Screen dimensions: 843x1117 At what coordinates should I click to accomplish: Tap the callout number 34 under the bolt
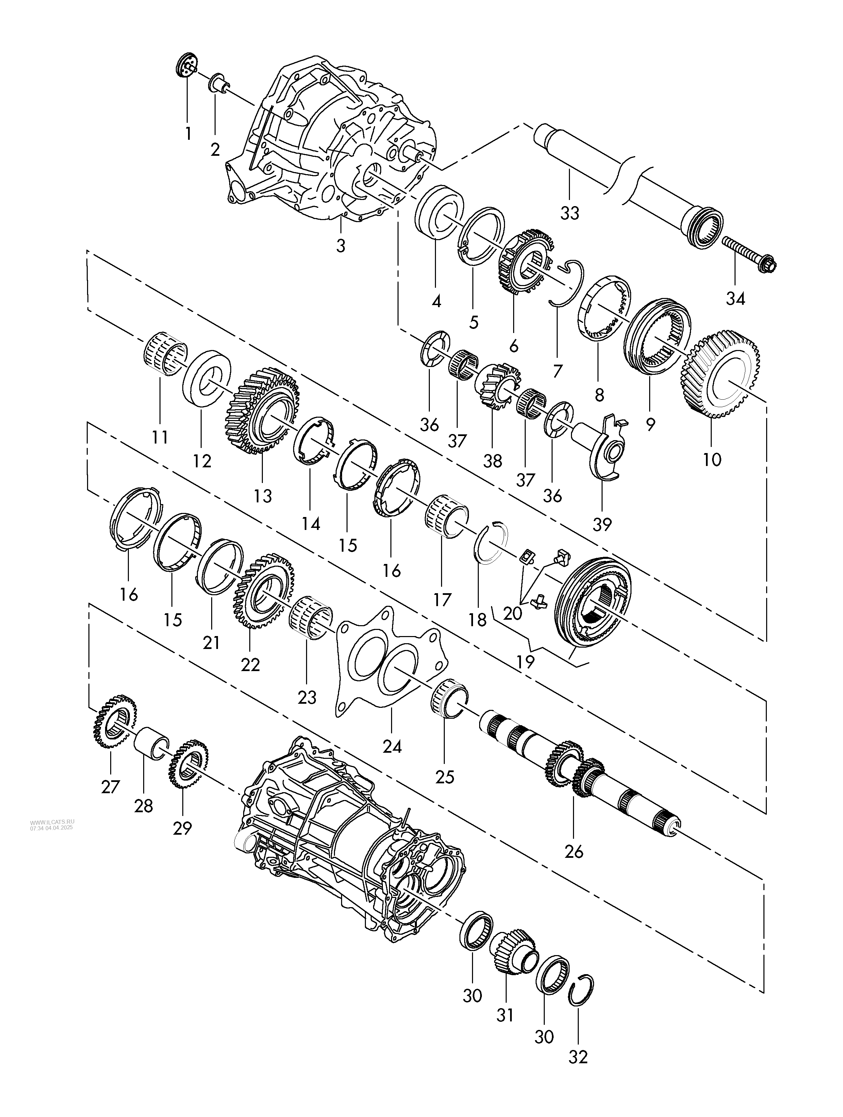[735, 299]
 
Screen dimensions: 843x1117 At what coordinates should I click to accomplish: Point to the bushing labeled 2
[219, 82]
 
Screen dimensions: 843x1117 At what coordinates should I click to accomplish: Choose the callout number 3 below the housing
[341, 246]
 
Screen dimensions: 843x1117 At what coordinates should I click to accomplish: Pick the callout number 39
[602, 525]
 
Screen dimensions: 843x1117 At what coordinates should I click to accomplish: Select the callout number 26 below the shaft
[574, 852]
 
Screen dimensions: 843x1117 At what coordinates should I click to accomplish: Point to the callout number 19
[525, 662]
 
